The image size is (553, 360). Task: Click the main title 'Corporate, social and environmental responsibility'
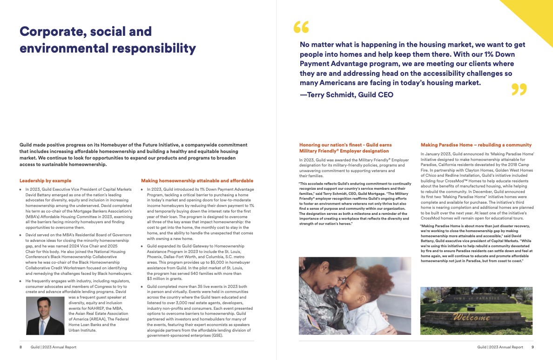(108, 40)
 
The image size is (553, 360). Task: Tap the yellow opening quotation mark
(301, 28)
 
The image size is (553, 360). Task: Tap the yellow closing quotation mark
(519, 89)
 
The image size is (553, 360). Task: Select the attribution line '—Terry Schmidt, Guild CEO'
(346, 95)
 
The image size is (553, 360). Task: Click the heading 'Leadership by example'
(46, 180)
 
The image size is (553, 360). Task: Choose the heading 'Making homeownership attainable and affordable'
(197, 180)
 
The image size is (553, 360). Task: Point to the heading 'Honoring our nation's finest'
(344, 148)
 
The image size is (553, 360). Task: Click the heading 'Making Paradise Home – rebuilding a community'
(476, 145)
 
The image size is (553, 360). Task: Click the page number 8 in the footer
(20, 347)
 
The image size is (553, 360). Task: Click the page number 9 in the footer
(533, 347)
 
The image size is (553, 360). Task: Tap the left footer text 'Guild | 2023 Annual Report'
(54, 347)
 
